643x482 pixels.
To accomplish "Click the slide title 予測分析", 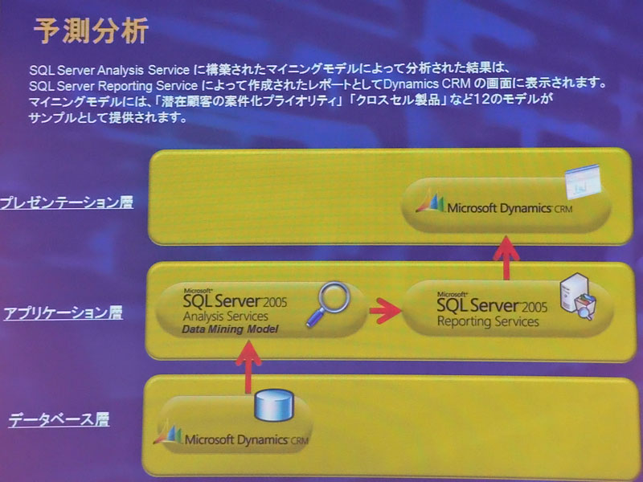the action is [91, 31].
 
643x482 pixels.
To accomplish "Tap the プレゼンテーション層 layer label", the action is [67, 202].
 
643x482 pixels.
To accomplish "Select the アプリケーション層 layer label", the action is [63, 313].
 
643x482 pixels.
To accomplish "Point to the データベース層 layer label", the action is [59, 419].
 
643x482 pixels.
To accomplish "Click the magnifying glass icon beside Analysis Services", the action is [329, 304].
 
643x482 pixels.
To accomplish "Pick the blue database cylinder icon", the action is [274, 406].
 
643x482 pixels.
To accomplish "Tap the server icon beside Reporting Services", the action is [578, 296].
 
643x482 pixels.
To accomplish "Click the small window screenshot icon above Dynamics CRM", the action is [583, 181].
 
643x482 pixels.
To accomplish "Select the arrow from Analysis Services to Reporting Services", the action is [385, 311].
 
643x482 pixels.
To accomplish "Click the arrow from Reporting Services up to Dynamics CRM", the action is [506, 258].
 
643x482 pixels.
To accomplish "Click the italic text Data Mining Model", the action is [230, 329].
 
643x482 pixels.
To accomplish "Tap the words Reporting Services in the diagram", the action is [488, 322].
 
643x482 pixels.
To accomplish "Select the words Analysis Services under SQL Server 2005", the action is [226, 317].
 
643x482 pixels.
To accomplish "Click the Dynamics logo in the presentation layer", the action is [430, 201].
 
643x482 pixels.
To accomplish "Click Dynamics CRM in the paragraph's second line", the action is [427, 84].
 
